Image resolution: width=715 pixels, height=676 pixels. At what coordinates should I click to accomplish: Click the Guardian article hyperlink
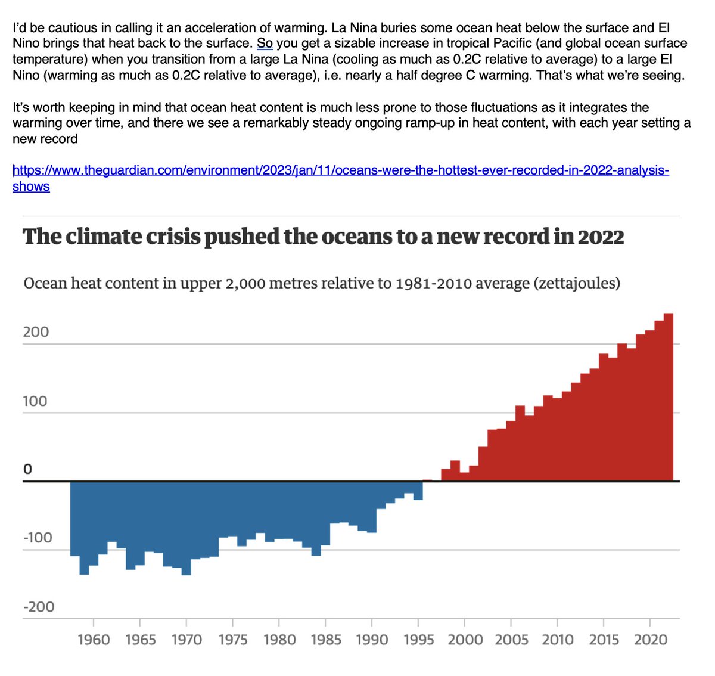[340, 171]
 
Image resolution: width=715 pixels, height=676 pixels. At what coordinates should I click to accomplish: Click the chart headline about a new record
[323, 237]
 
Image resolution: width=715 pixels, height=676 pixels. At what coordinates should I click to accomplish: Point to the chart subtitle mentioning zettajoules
[321, 283]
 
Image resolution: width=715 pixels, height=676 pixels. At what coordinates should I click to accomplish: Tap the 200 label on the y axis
[36, 332]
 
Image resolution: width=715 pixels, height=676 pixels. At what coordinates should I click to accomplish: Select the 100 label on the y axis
[35, 401]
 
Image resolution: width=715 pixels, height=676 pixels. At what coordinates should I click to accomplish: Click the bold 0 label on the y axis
[27, 470]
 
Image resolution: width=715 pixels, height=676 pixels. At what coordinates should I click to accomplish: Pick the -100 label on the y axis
[38, 538]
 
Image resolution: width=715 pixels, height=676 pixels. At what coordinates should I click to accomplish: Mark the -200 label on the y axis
[38, 607]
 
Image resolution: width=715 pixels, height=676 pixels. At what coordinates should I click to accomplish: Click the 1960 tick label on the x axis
[94, 640]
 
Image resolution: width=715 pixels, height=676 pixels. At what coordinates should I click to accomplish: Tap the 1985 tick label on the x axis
[326, 640]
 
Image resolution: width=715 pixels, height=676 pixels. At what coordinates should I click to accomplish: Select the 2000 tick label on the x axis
[465, 640]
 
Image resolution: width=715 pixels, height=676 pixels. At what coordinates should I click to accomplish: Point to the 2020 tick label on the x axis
[651, 640]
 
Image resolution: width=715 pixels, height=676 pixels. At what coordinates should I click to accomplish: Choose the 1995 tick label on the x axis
[419, 640]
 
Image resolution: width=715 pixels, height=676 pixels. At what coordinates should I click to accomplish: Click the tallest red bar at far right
[669, 396]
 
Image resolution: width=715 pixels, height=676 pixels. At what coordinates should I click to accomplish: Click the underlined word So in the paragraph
[265, 44]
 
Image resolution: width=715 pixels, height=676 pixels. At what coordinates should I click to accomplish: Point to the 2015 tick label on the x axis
[604, 640]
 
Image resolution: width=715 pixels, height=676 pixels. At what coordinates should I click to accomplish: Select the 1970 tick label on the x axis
[186, 640]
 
